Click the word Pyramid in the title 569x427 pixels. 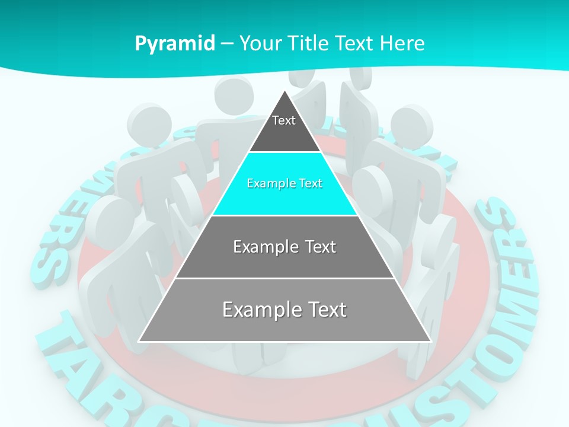pos(175,44)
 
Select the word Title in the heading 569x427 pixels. pos(309,43)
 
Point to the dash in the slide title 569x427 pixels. pos(227,44)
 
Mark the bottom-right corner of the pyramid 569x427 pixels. pos(430,341)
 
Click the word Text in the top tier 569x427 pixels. pos(284,120)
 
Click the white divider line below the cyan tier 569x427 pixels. pos(284,215)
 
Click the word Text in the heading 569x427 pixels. pos(356,43)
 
